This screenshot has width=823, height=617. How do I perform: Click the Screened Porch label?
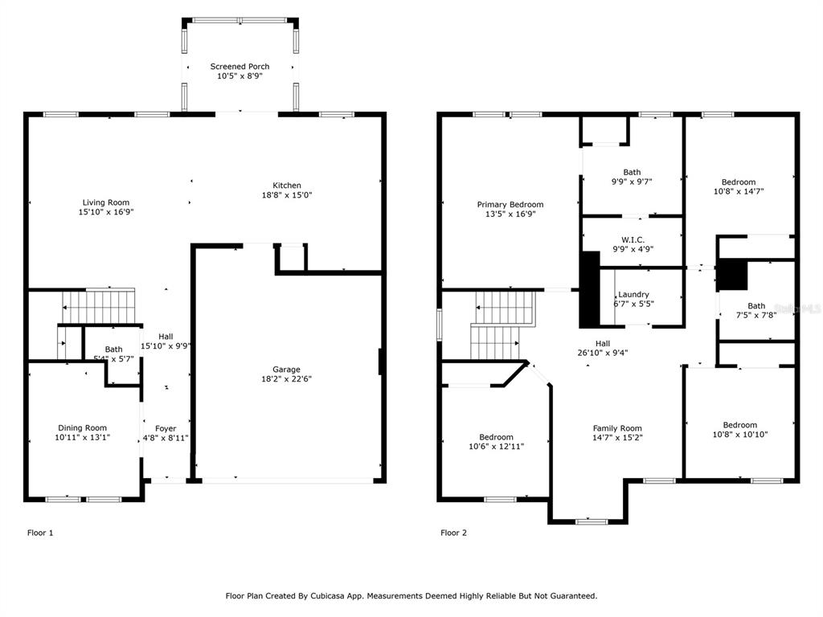[x=240, y=67]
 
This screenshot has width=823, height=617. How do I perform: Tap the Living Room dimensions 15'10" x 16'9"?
[x=106, y=212]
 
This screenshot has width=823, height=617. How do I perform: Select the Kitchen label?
[x=287, y=186]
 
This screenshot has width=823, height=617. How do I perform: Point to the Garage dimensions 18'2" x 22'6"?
[x=287, y=379]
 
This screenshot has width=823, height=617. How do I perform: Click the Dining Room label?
[x=83, y=428]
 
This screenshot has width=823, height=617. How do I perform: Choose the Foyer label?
[x=166, y=429]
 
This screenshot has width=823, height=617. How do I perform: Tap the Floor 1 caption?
[x=40, y=533]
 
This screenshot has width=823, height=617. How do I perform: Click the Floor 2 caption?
[x=453, y=533]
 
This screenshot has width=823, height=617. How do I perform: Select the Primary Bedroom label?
[x=510, y=205]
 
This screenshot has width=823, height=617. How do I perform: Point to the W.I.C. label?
[x=633, y=239]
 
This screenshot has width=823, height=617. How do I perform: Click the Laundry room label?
[x=633, y=294]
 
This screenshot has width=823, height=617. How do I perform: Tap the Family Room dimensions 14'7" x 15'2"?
[x=617, y=438]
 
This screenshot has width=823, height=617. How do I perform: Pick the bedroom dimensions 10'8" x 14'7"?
[x=739, y=191]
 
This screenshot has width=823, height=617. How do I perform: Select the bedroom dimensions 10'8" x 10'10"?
[x=740, y=435]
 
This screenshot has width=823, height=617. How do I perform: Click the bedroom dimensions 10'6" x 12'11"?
[x=496, y=447]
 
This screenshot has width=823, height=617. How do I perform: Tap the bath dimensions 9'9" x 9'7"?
[x=632, y=182]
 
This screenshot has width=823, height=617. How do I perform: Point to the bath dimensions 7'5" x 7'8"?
[x=756, y=315]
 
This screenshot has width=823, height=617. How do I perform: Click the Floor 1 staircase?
[x=98, y=306]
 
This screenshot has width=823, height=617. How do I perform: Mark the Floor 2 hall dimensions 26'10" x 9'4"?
[x=603, y=353]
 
